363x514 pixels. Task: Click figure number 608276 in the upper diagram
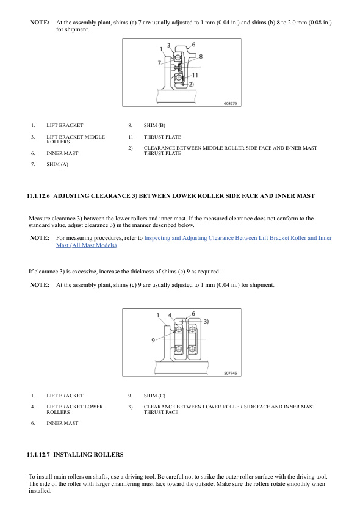click(231, 103)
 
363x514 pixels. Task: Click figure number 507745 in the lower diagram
click(231, 373)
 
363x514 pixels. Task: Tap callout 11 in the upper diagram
click(195, 75)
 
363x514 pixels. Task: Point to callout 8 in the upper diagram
click(201, 56)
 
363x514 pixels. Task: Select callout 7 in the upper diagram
click(159, 63)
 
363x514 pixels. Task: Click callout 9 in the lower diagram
click(153, 340)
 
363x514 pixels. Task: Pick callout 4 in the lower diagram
click(170, 316)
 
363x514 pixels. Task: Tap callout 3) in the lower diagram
click(206, 321)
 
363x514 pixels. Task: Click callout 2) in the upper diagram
click(192, 84)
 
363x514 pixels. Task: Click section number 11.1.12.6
click(38, 196)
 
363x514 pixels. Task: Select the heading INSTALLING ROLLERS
click(88, 455)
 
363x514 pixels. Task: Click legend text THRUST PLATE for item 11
click(162, 137)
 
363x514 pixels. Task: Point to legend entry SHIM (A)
click(57, 164)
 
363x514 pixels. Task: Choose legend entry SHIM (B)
click(154, 125)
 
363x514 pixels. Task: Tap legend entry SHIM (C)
click(154, 396)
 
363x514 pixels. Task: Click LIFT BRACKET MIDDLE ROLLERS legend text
click(76, 139)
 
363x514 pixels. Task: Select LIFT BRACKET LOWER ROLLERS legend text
click(74, 410)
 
